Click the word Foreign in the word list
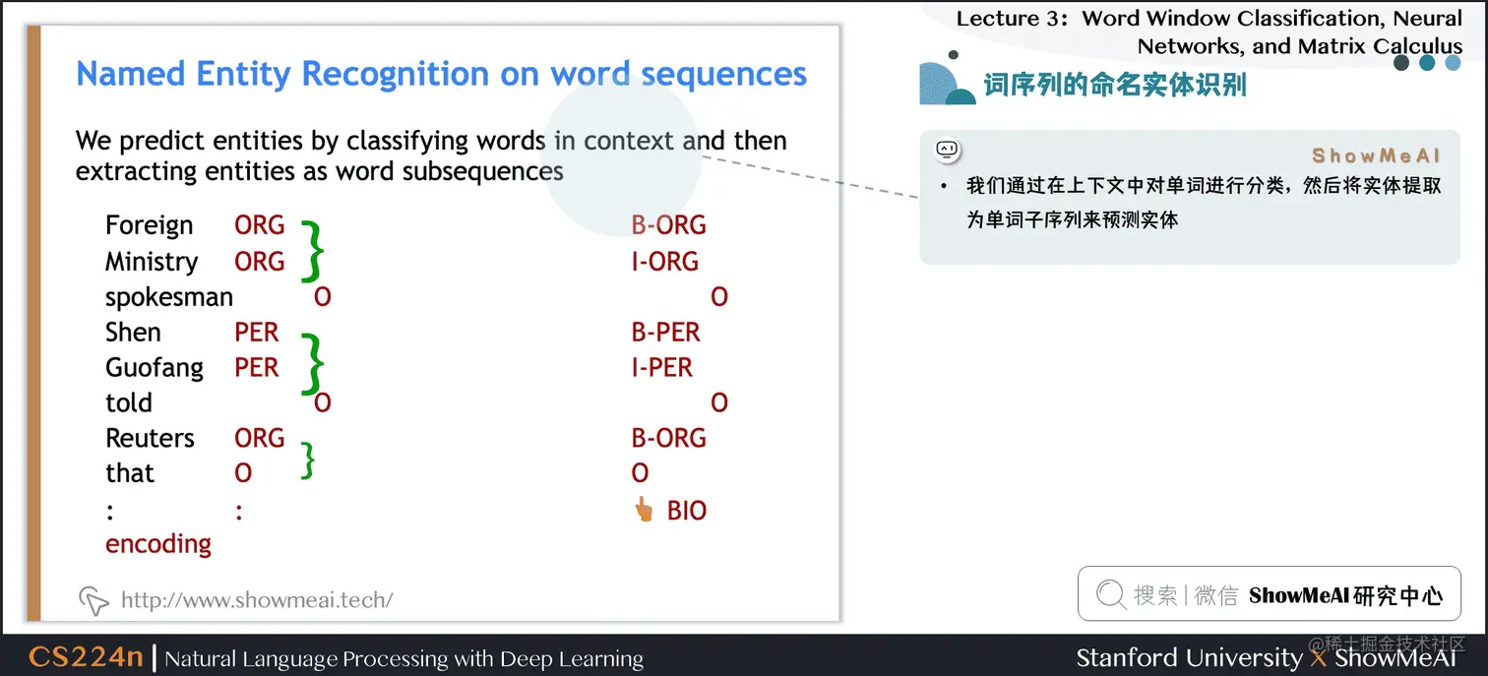pyautogui.click(x=149, y=225)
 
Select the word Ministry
pyautogui.click(x=152, y=262)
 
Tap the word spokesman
pyautogui.click(x=169, y=297)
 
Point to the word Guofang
pyautogui.click(x=155, y=368)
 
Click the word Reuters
pyautogui.click(x=151, y=438)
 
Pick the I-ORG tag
pyautogui.click(x=665, y=262)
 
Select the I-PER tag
pyautogui.click(x=662, y=368)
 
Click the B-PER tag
pyautogui.click(x=666, y=333)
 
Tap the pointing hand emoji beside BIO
pyautogui.click(x=644, y=510)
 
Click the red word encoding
pyautogui.click(x=158, y=544)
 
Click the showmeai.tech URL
pyautogui.click(x=257, y=599)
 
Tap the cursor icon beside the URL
pyautogui.click(x=93, y=599)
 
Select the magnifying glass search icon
pyautogui.click(x=1110, y=594)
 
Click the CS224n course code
pyautogui.click(x=86, y=657)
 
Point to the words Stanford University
pyautogui.click(x=1189, y=657)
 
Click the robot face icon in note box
pyautogui.click(x=947, y=150)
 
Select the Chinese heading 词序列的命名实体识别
pyautogui.click(x=1115, y=86)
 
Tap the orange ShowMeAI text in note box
pyautogui.click(x=1376, y=156)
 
